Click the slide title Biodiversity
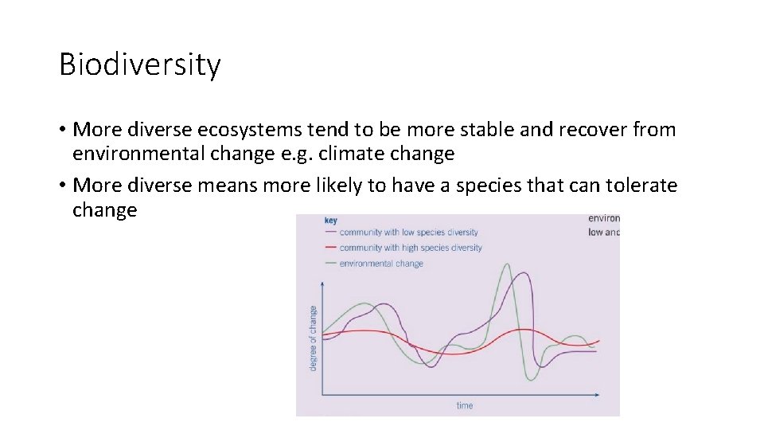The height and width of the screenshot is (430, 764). tap(139, 65)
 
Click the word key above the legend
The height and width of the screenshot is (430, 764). tap(330, 220)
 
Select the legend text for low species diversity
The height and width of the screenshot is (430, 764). tap(408, 233)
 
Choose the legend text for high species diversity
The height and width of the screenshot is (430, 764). tap(411, 248)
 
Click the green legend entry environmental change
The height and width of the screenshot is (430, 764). tap(381, 263)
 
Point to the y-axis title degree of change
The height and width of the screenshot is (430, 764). tap(313, 338)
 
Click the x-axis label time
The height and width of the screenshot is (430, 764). tap(464, 405)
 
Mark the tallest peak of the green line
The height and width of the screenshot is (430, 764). tap(505, 264)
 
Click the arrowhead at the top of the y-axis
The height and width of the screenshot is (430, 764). tap(322, 282)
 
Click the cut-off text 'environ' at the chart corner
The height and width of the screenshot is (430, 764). tap(604, 218)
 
